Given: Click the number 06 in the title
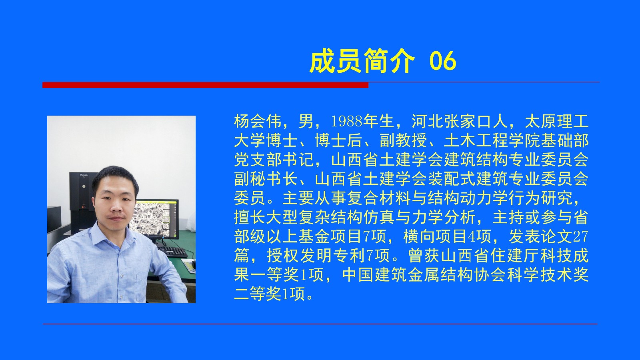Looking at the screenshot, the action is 443,61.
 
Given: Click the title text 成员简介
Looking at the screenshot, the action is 362,61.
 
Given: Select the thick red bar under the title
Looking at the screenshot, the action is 206,85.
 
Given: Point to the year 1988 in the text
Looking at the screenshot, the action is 346,122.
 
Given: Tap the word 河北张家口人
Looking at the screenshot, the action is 460,121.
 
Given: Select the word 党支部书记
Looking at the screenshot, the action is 274,160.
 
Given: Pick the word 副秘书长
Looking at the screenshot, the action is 266,179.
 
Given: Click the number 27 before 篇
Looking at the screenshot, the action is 580,236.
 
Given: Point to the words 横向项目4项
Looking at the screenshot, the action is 448,236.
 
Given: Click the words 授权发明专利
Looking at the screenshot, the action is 316,256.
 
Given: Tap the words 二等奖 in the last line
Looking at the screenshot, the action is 258,294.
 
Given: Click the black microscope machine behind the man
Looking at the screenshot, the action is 82,200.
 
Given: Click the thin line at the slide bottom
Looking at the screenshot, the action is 320,324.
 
